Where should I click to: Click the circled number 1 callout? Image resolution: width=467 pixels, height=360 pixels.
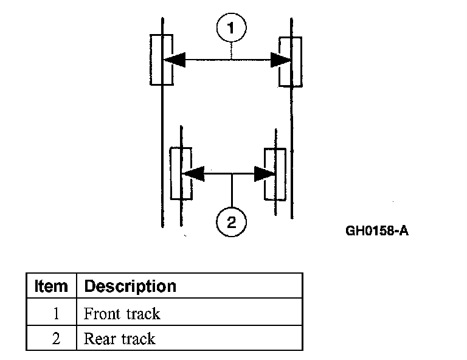pyautogui.click(x=231, y=29)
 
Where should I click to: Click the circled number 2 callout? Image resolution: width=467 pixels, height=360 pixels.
pyautogui.click(x=232, y=221)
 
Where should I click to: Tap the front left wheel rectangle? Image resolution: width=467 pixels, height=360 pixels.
pyautogui.click(x=162, y=60)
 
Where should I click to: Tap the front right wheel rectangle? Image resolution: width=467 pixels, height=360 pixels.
pyautogui.click(x=289, y=61)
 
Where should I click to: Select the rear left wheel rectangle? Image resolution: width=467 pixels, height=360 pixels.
pyautogui.click(x=181, y=173)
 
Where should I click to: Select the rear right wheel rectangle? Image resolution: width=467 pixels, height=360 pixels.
pyautogui.click(x=275, y=173)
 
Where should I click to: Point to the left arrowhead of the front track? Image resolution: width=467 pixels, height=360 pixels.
pyautogui.click(x=175, y=60)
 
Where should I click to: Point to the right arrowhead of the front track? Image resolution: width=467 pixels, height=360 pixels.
pyautogui.click(x=280, y=60)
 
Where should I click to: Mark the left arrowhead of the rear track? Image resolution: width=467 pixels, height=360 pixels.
pyautogui.click(x=193, y=173)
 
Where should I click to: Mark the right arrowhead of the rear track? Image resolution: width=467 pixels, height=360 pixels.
pyautogui.click(x=265, y=173)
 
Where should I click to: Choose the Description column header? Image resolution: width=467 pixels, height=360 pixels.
pyautogui.click(x=130, y=286)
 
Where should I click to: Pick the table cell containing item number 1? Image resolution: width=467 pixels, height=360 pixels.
pyautogui.click(x=56, y=314)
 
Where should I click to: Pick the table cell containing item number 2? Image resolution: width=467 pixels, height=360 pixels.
pyautogui.click(x=56, y=339)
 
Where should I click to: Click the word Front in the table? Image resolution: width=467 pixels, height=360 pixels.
pyautogui.click(x=102, y=314)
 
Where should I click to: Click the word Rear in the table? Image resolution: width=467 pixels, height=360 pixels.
pyautogui.click(x=99, y=339)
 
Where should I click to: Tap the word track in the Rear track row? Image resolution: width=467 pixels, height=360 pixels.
pyautogui.click(x=138, y=339)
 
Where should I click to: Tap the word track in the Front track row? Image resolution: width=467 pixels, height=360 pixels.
pyautogui.click(x=143, y=314)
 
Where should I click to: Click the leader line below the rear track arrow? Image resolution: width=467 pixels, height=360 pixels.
pyautogui.click(x=232, y=191)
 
